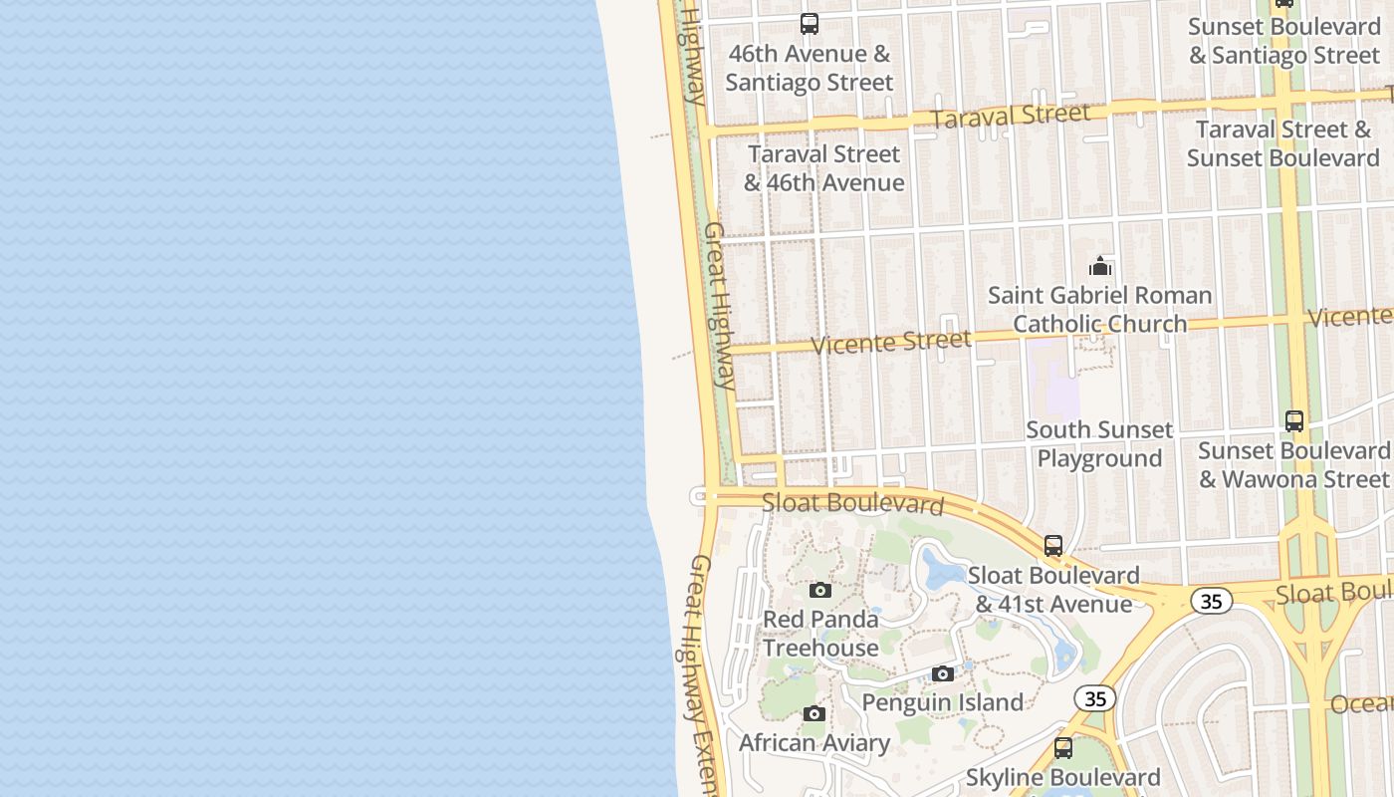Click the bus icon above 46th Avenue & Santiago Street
[810, 24]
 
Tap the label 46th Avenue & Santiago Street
[810, 68]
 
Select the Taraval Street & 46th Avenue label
[824, 168]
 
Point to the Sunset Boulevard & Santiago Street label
[1284, 41]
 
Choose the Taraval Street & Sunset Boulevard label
[1283, 143]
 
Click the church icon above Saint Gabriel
[1100, 266]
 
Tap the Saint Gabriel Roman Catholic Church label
[1100, 309]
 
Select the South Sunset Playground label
[1099, 444]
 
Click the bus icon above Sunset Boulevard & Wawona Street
[1294, 421]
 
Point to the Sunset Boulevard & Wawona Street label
[1293, 464]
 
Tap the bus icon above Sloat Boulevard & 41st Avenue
[1053, 546]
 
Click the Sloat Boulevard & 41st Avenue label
[1053, 590]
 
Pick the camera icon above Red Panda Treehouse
[819, 590]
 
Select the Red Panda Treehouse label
[820, 634]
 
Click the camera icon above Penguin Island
[943, 674]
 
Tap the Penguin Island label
[942, 702]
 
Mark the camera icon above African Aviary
[814, 714]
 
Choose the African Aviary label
[814, 743]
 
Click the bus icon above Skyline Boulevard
[1063, 748]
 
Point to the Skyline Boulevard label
[1063, 777]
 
